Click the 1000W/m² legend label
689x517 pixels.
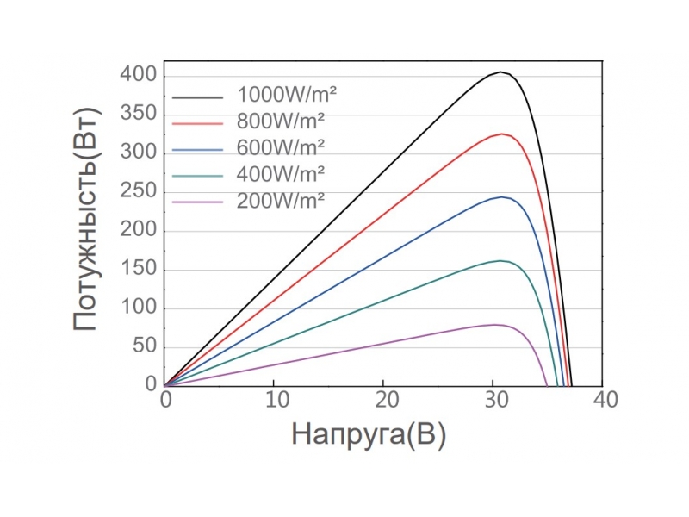pyautogui.click(x=282, y=93)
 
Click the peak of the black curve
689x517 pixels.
pyautogui.click(x=500, y=72)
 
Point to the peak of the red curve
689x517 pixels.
pyautogui.click(x=500, y=134)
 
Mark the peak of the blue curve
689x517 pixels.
pyautogui.click(x=501, y=196)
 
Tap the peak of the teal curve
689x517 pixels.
pyautogui.click(x=500, y=260)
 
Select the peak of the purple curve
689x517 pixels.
pyautogui.click(x=495, y=324)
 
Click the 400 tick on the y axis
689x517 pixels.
pyautogui.click(x=139, y=76)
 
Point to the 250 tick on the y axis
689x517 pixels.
pyautogui.click(x=139, y=192)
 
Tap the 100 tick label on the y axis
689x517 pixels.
pyautogui.click(x=139, y=308)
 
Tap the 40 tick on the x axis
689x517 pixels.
pyautogui.click(x=603, y=400)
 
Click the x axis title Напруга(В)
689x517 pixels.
pyautogui.click(x=369, y=434)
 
